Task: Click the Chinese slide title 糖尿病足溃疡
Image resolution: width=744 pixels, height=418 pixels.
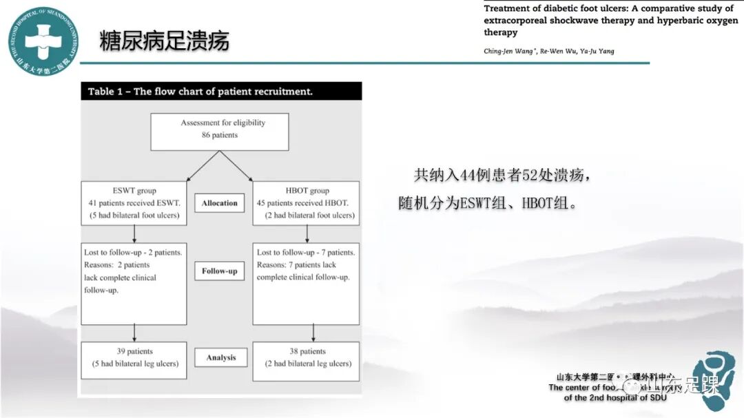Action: [x=164, y=41]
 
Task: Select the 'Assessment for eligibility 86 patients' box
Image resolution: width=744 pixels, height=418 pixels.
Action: [x=220, y=131]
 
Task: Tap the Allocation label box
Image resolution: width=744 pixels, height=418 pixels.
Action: [x=219, y=203]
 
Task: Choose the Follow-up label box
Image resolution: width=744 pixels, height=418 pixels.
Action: [x=219, y=271]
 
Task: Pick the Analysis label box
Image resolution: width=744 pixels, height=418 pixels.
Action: [x=220, y=357]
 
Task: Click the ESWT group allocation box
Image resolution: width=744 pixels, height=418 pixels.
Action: [x=134, y=203]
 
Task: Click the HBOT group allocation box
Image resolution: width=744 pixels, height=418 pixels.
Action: [x=306, y=203]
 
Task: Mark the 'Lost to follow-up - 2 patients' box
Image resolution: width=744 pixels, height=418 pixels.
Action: [x=134, y=282]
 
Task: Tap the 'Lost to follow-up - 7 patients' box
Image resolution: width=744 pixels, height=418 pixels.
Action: [x=306, y=282]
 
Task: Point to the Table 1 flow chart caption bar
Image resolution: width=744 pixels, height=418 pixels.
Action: [x=220, y=92]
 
